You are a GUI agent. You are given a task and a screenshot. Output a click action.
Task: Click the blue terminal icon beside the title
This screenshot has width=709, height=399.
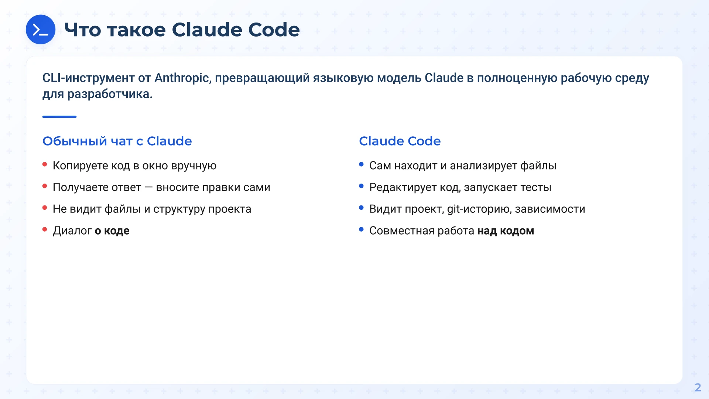41,30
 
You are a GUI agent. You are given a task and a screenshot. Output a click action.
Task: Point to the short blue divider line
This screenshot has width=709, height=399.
59,117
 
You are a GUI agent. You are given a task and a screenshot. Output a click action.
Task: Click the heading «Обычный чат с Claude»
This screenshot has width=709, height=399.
117,141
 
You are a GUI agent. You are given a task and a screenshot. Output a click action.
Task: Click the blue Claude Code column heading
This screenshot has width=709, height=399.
400,141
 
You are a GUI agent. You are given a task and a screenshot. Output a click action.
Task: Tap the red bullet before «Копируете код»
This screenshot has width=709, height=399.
45,164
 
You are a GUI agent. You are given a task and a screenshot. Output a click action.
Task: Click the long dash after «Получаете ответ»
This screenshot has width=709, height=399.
148,187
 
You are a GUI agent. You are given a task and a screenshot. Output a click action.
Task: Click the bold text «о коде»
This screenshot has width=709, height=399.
112,231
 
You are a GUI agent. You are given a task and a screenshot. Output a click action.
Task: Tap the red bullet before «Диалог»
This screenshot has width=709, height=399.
45,229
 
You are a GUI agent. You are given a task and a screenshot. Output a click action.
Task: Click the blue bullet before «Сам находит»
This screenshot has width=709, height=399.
361,164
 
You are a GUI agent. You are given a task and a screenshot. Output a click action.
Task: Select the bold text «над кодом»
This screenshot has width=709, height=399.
506,231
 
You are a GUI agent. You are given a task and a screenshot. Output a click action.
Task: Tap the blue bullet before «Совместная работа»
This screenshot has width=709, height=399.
361,229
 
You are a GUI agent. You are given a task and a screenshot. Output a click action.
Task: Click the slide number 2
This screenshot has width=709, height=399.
698,387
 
